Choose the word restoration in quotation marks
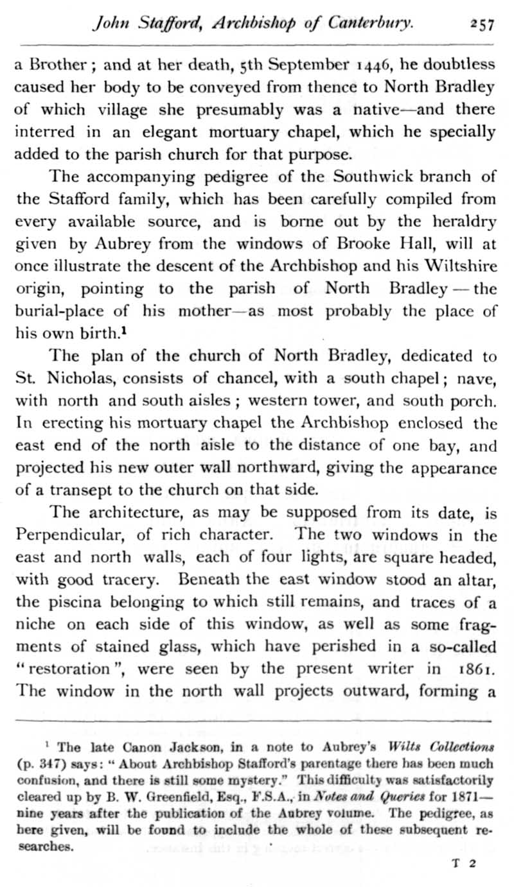(70, 668)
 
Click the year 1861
(477, 668)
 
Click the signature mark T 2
(463, 863)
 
